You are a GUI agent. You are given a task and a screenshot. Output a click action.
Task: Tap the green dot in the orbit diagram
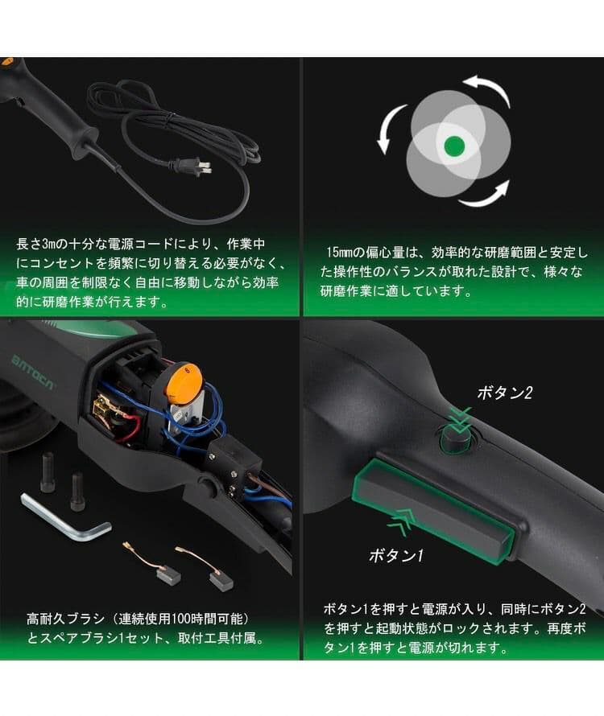[x=454, y=146]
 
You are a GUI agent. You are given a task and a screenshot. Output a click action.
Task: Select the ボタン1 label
[x=396, y=555]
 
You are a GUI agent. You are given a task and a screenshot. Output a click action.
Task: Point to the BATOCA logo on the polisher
[x=34, y=360]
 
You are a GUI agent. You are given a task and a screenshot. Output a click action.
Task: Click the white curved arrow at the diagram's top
[x=486, y=86]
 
